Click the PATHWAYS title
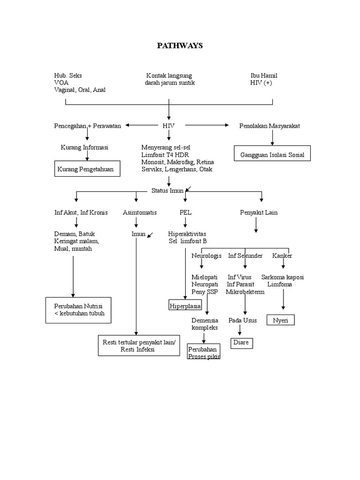180,45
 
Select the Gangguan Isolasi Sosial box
272,154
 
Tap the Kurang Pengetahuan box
88,169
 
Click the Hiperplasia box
185,306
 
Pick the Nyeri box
280,321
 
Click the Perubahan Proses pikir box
204,353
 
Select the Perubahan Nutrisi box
78,310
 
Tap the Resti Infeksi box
138,346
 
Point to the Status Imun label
167,190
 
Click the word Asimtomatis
140,212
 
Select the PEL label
185,212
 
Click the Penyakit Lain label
259,212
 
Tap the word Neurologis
206,255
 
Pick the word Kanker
282,255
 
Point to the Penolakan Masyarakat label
270,126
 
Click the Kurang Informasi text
84,147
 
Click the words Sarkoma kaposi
283,277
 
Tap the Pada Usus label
240,320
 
